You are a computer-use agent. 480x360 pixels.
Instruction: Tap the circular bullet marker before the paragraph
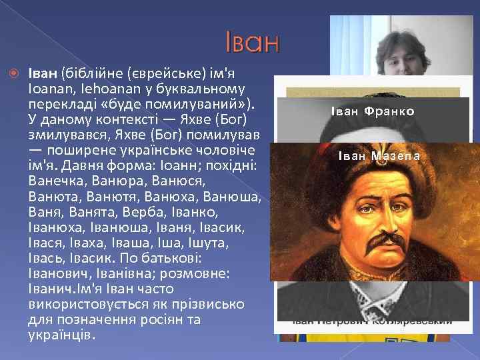(18, 71)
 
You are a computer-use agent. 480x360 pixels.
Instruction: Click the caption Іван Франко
(372, 111)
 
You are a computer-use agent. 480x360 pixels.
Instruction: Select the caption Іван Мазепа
(379, 156)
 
